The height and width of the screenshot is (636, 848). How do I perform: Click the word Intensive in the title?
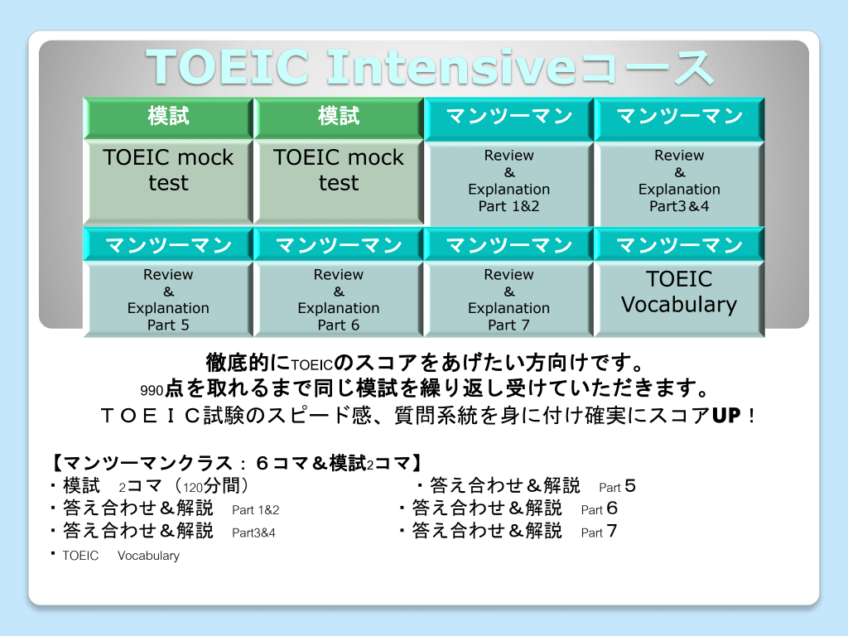[451, 67]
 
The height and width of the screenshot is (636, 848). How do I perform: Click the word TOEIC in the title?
[227, 67]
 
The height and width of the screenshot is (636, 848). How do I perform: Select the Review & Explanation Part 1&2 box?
[509, 183]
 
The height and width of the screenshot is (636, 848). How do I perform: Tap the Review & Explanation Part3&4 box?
[679, 183]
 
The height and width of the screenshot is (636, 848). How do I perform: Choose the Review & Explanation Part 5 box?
[168, 299]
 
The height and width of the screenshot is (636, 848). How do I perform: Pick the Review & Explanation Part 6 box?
[339, 299]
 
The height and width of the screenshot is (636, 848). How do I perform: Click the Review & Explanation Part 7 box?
[509, 299]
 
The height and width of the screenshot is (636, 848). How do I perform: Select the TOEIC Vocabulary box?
[679, 299]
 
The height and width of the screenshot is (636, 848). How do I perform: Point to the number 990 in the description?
[152, 391]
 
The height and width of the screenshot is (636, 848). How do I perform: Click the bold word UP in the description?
[726, 416]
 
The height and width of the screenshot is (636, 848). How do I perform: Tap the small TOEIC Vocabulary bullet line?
[121, 556]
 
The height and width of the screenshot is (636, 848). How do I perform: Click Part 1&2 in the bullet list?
[255, 510]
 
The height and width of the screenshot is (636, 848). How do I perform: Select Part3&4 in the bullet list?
[253, 532]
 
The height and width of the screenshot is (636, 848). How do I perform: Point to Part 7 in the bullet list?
[599, 532]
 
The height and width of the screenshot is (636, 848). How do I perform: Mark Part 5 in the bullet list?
[617, 487]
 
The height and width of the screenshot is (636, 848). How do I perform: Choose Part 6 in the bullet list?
[600, 509]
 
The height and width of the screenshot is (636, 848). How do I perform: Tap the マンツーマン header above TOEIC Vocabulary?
[679, 245]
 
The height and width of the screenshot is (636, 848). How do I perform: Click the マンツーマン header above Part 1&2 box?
[509, 116]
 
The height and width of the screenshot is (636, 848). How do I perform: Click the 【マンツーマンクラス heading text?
[142, 464]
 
